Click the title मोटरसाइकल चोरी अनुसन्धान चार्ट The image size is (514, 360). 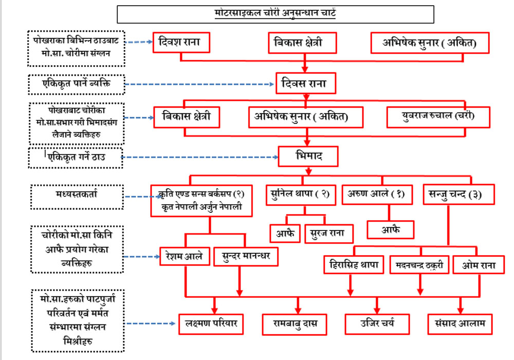click(275, 13)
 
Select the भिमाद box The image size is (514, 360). click(308, 156)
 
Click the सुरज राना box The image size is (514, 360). click(328, 233)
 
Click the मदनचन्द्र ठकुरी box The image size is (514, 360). click(419, 265)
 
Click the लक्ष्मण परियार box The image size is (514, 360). click(211, 324)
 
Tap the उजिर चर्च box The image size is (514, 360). click(377, 324)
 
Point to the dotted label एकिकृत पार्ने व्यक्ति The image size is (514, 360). click(76, 84)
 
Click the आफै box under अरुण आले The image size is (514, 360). click(390, 229)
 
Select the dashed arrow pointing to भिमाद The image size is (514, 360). click(200, 157)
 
